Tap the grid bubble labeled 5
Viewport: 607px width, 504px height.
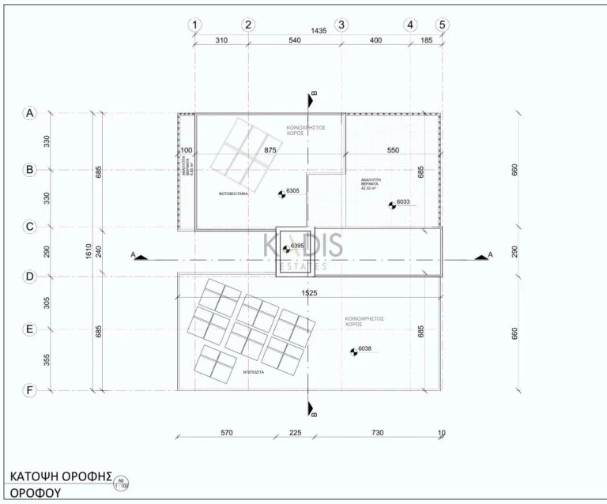pos(442,24)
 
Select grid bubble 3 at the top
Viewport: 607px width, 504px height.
pos(342,24)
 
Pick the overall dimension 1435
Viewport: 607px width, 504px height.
pos(319,31)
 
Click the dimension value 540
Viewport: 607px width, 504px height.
pos(295,41)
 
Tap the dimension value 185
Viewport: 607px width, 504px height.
pos(426,41)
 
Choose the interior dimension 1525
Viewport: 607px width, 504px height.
pos(308,293)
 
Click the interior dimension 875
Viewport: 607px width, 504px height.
pos(270,150)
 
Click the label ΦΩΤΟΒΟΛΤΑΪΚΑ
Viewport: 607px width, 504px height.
pos(234,192)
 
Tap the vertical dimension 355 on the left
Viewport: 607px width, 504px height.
pos(47,359)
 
